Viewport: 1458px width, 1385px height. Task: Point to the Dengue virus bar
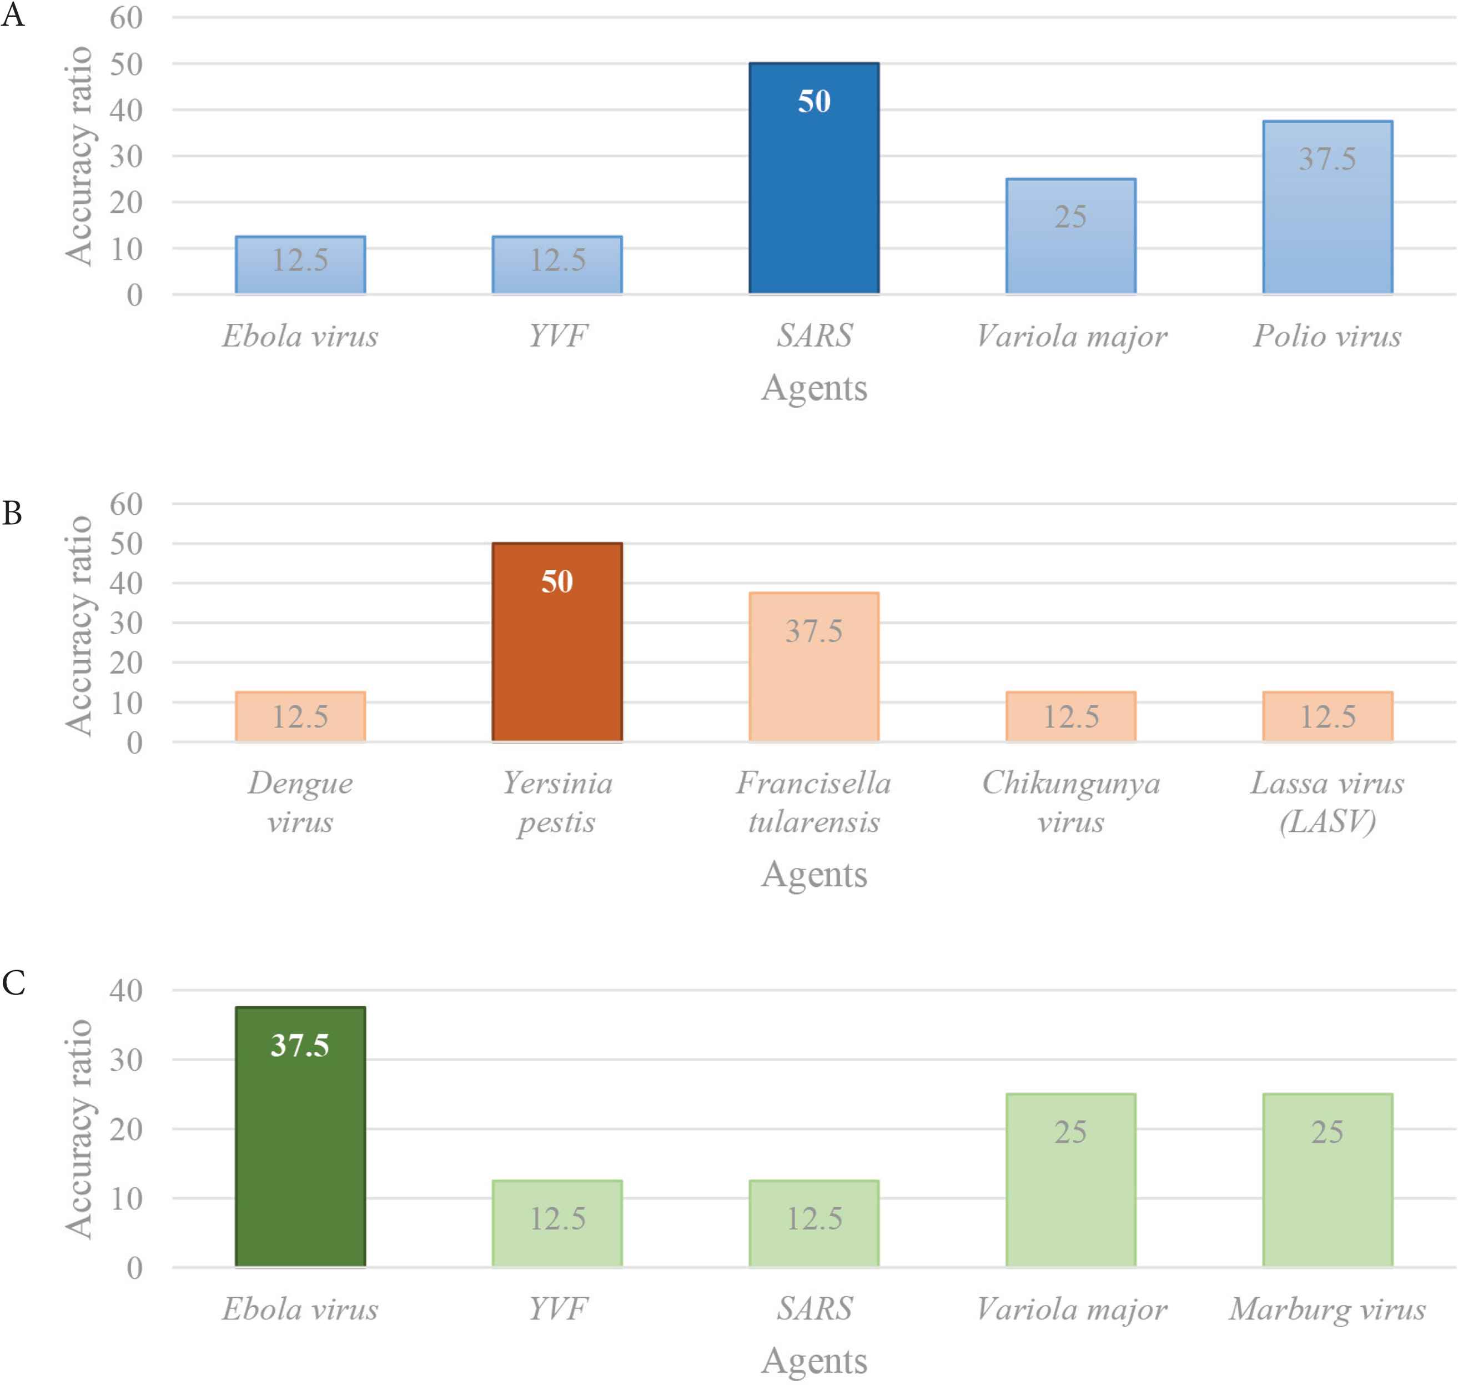pos(300,716)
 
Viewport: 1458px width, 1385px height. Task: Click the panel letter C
pos(13,982)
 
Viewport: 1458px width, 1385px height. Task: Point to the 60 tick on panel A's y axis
pos(125,18)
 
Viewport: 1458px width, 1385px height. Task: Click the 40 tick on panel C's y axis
pos(125,990)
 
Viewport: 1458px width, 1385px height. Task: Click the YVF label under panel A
pos(557,336)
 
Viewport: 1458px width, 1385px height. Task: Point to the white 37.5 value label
pos(300,1045)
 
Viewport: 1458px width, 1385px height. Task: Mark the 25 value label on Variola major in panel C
pos(1070,1132)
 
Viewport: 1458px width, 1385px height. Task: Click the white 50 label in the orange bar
pos(557,582)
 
